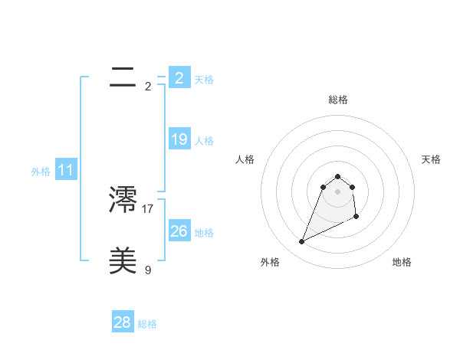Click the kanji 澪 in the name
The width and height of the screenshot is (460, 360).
(x=123, y=200)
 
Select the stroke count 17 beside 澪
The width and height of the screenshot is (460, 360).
(x=148, y=208)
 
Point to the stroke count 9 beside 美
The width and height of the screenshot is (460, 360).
(x=148, y=270)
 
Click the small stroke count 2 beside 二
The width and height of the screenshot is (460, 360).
(x=148, y=86)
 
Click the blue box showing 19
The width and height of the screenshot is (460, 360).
(x=179, y=139)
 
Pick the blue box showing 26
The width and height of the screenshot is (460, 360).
(x=179, y=231)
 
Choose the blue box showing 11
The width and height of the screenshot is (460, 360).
(x=66, y=171)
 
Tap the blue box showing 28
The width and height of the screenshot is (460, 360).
(x=123, y=322)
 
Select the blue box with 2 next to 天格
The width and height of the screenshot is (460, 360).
(x=179, y=78)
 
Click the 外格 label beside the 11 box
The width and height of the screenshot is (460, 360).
(x=41, y=172)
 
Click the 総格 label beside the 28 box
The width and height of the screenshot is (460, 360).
(x=147, y=324)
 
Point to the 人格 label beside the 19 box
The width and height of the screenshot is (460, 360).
(x=204, y=141)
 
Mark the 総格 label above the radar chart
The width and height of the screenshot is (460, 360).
(x=338, y=100)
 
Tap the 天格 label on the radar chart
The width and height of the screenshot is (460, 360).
(x=432, y=159)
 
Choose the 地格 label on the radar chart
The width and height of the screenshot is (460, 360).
(x=402, y=263)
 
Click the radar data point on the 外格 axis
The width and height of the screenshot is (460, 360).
(x=302, y=242)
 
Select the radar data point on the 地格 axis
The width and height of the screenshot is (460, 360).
(x=356, y=217)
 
